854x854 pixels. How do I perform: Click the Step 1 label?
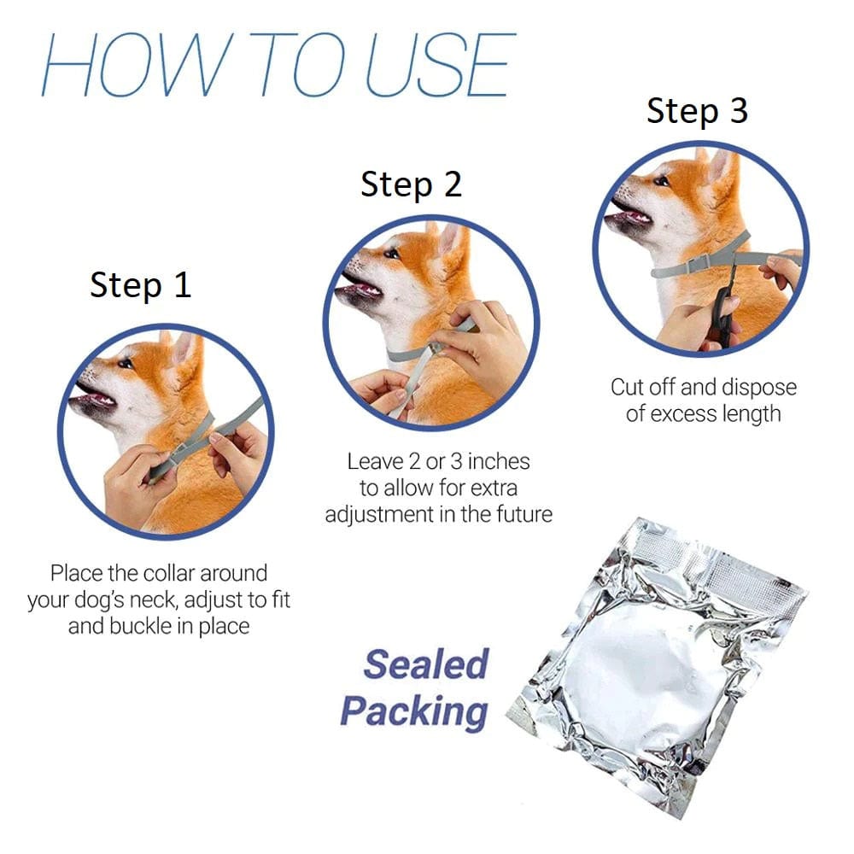coord(141,284)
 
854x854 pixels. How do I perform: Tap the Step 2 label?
coord(411,184)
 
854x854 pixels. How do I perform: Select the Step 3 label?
coord(697,111)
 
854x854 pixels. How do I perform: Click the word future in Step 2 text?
coord(522,514)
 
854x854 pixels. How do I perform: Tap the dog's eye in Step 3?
coord(662,180)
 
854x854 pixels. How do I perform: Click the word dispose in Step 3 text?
coord(758,387)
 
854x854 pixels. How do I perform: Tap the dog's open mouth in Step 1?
coord(96,399)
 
